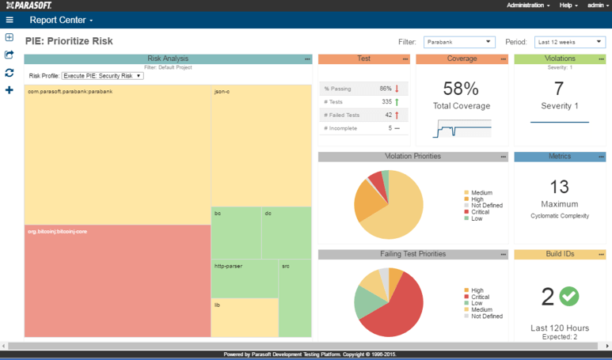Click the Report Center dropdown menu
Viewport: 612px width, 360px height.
pos(61,21)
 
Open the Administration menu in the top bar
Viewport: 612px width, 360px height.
pos(528,6)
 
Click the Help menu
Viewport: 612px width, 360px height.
pos(568,6)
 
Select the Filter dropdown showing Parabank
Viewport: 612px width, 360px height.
pos(458,42)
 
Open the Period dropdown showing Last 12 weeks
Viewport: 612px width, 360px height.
pos(569,42)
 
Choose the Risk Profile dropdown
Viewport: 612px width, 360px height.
pos(102,76)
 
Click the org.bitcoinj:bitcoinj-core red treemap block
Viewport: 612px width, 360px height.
pos(117,281)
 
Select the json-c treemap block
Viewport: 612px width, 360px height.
pos(260,146)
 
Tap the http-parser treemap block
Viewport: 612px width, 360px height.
pos(245,279)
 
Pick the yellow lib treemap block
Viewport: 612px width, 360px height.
pos(245,317)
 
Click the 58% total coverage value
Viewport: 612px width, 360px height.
pos(461,89)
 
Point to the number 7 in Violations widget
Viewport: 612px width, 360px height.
pos(559,89)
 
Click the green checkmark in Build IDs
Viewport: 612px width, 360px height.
pos(569,296)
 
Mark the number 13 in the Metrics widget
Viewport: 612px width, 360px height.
pos(559,187)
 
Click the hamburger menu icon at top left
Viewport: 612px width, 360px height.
pos(10,21)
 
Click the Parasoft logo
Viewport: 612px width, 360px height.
pos(29,6)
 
